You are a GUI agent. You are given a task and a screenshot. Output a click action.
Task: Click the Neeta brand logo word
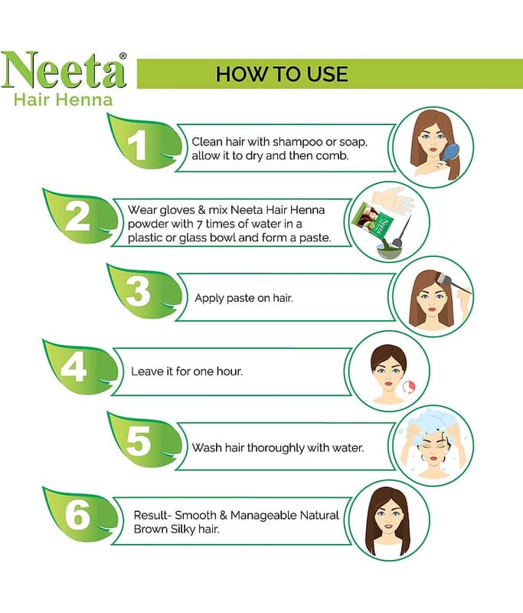coord(64,70)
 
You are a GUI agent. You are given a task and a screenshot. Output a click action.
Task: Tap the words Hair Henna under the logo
coord(64,100)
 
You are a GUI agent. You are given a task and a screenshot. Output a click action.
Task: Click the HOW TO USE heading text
coord(282,74)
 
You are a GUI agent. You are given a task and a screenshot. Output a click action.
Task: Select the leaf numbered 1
coord(145,142)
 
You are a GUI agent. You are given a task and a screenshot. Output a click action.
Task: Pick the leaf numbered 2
coord(80,216)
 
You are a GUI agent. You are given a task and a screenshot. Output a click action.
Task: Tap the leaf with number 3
coord(145,291)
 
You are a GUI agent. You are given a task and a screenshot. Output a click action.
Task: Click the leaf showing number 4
coord(80,367)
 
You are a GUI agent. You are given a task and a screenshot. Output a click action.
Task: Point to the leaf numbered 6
coord(80,514)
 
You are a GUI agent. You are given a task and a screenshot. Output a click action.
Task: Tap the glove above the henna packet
coord(393,200)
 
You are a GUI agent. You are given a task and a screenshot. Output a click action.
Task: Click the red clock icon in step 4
coord(409,387)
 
